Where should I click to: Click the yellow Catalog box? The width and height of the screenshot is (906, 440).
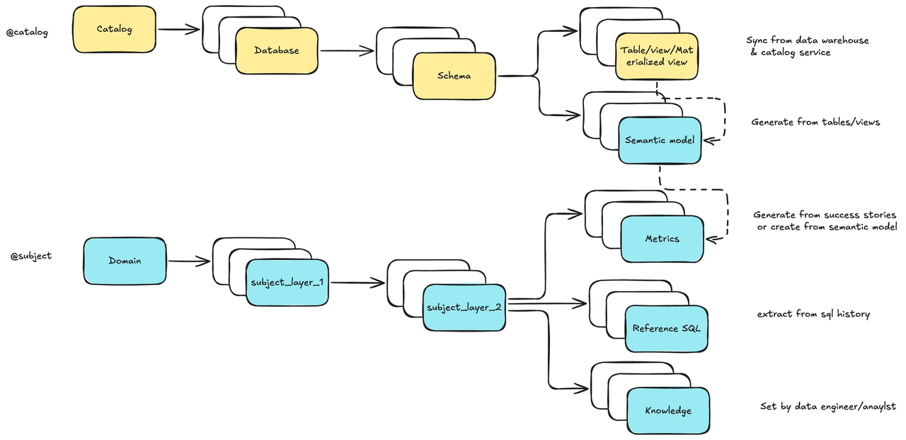(x=114, y=30)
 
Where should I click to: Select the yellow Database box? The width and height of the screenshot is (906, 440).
(x=276, y=51)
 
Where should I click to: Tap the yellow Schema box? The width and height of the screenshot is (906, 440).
(x=454, y=76)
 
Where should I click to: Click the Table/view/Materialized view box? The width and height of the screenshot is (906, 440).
(x=656, y=56)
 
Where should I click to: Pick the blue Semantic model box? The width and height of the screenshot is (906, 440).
(x=659, y=140)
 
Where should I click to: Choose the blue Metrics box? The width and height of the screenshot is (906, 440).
(x=662, y=239)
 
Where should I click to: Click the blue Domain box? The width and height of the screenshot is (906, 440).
(x=125, y=261)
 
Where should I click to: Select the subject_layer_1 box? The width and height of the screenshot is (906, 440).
(x=287, y=282)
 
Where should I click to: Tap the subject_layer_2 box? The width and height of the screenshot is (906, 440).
(x=464, y=308)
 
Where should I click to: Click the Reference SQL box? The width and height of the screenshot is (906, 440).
(x=666, y=329)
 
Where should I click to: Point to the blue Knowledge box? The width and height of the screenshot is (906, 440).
(x=667, y=411)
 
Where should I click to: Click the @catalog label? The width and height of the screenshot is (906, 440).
(x=27, y=32)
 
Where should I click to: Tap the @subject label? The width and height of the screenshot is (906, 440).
(x=30, y=256)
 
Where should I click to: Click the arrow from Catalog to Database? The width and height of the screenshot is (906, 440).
(x=178, y=30)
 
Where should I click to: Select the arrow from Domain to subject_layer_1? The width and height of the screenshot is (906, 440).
(x=189, y=261)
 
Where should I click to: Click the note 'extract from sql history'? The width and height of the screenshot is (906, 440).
(x=813, y=314)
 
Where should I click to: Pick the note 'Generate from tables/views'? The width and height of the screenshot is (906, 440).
(x=815, y=122)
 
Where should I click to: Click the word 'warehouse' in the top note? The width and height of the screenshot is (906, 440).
(x=844, y=40)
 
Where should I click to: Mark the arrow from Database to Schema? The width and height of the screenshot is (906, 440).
(x=346, y=51)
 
